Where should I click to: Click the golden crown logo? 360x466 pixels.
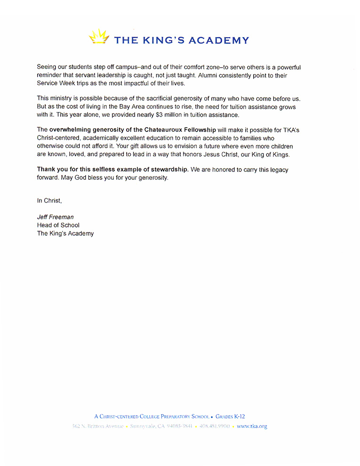pos(99,37)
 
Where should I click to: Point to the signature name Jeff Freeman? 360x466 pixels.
pos(55,217)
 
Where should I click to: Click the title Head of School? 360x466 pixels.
pos(58,225)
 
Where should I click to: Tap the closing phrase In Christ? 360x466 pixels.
pos(49,201)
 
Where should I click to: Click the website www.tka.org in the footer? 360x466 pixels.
pos(252,426)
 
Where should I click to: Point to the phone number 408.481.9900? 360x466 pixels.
pos(215,426)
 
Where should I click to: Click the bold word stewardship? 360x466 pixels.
pos(168,169)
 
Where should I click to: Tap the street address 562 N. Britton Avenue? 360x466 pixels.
pos(98,426)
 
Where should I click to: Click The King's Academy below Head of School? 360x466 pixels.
pos(65,233)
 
